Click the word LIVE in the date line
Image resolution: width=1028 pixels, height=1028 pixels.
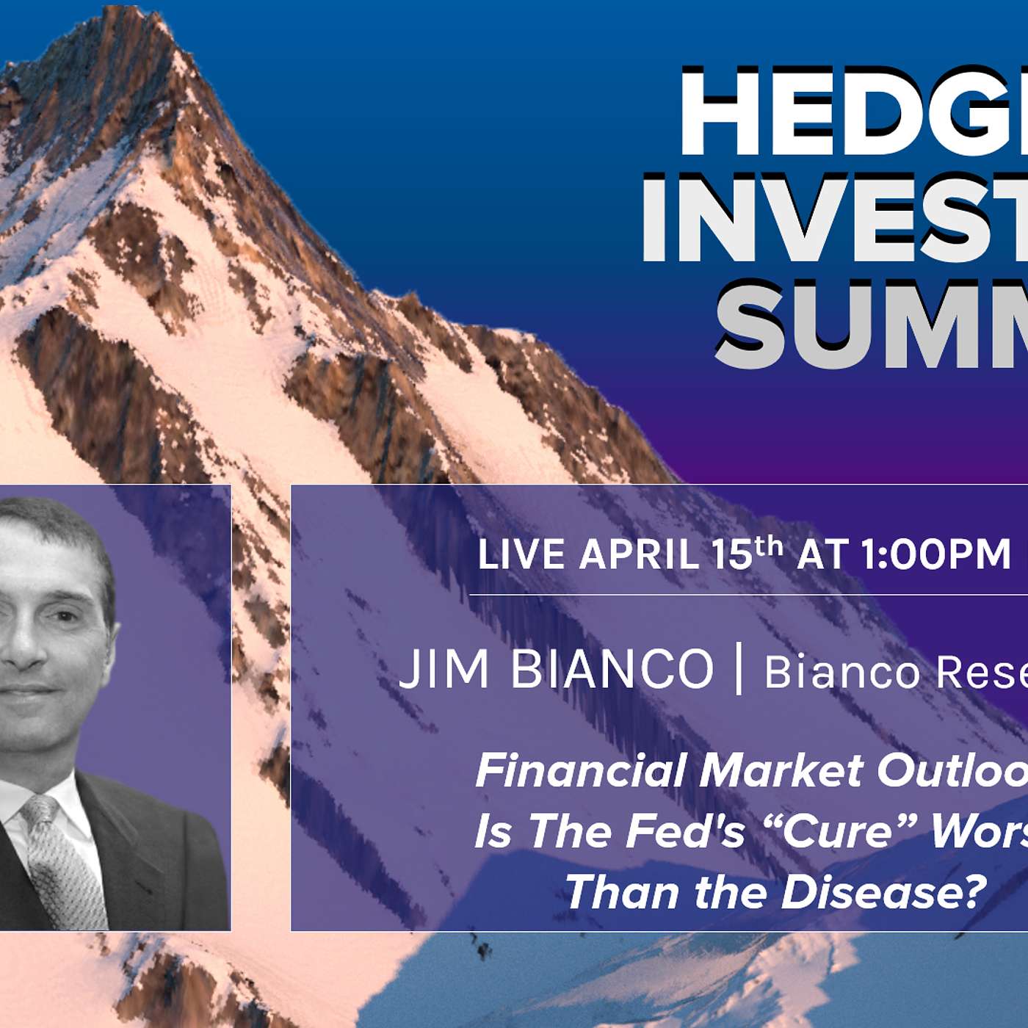click(521, 554)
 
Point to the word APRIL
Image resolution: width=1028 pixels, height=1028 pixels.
click(639, 554)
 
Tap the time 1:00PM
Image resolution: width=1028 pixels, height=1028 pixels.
click(936, 554)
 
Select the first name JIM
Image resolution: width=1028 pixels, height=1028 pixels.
click(444, 669)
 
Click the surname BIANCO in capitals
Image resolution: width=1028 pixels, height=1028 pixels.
click(612, 669)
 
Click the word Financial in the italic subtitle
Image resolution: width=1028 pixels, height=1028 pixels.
click(580, 771)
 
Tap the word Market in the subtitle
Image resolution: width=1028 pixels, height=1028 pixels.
click(781, 771)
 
